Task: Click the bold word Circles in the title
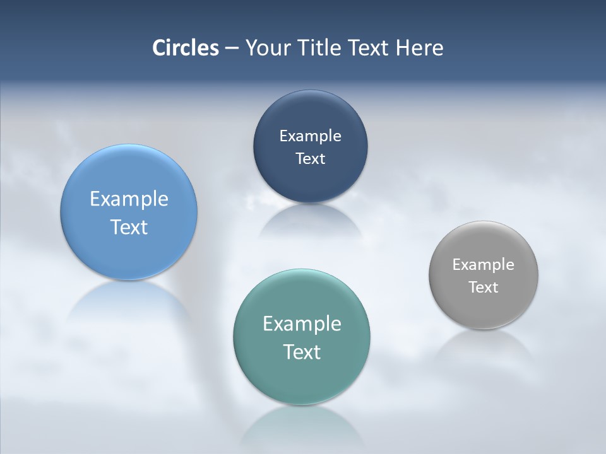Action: (x=186, y=48)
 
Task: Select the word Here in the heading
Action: (x=420, y=48)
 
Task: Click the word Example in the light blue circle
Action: (x=129, y=199)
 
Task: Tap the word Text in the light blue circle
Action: (x=129, y=227)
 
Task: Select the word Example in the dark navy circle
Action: (x=310, y=136)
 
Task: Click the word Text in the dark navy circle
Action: (x=310, y=158)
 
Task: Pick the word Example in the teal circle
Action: (x=302, y=323)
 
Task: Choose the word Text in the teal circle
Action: (x=302, y=352)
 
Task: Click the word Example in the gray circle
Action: (x=483, y=264)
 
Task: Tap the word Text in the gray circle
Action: (x=483, y=287)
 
